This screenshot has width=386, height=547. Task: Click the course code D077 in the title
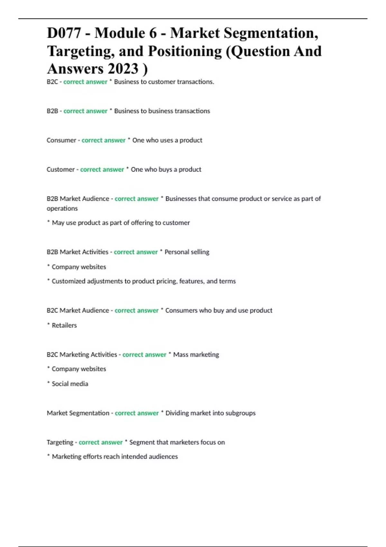click(x=64, y=33)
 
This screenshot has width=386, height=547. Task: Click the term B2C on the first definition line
click(x=52, y=82)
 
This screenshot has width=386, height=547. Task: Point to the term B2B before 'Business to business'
click(x=52, y=111)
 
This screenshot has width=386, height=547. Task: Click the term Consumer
click(x=61, y=140)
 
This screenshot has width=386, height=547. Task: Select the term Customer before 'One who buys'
click(x=60, y=170)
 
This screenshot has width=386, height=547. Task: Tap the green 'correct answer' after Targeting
click(x=101, y=442)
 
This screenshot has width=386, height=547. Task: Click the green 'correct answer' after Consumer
click(x=103, y=140)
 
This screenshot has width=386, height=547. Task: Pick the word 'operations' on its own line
click(x=62, y=209)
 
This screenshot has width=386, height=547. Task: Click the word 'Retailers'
click(x=64, y=325)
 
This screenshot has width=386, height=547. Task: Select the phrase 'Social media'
click(x=70, y=384)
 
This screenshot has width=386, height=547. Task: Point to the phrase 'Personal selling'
click(x=187, y=252)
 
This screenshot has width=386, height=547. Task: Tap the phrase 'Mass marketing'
click(x=196, y=355)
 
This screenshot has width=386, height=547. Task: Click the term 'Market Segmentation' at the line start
click(x=78, y=413)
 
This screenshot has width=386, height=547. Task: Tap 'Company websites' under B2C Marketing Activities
click(x=79, y=369)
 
